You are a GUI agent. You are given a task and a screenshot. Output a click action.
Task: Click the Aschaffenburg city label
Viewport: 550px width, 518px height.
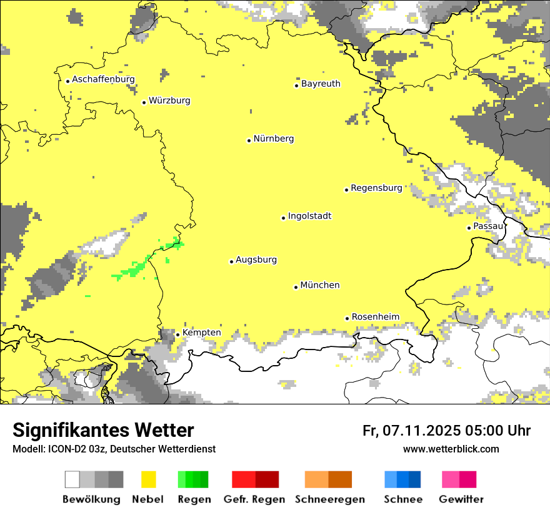103,79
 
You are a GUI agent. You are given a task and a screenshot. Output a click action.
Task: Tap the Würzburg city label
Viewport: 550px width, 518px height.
169,100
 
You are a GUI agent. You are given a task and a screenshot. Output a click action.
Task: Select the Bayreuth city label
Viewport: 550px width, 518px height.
321,84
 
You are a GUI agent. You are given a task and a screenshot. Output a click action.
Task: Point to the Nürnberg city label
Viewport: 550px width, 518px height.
273,139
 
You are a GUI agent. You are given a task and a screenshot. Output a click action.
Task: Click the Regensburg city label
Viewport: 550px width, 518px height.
376,188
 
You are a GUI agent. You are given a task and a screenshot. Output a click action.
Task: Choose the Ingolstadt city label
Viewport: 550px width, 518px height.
309,216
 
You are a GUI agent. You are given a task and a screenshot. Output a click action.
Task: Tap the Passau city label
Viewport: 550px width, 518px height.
487,226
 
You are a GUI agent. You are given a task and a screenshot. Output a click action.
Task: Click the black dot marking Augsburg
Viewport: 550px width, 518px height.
231,261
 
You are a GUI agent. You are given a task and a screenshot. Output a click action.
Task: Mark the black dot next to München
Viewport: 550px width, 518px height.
296,287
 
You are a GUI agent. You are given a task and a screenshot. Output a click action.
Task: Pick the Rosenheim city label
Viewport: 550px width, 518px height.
375,316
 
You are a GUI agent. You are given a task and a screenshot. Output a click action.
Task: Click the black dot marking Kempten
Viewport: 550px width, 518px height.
177,335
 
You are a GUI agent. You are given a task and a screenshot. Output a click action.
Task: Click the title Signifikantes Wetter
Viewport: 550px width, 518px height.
103,431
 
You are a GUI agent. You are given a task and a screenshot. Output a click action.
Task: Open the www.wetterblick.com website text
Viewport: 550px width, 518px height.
451,449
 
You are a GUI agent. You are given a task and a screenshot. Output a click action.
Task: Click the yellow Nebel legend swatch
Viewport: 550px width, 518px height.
148,479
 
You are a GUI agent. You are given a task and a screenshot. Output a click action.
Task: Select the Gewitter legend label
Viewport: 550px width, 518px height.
461,499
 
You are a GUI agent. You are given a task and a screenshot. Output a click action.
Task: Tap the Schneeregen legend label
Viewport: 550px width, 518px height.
330,499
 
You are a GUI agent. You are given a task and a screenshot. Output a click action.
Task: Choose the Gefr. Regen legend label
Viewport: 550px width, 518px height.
254,499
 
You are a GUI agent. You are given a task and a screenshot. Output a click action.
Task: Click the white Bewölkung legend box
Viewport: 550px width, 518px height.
72,479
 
